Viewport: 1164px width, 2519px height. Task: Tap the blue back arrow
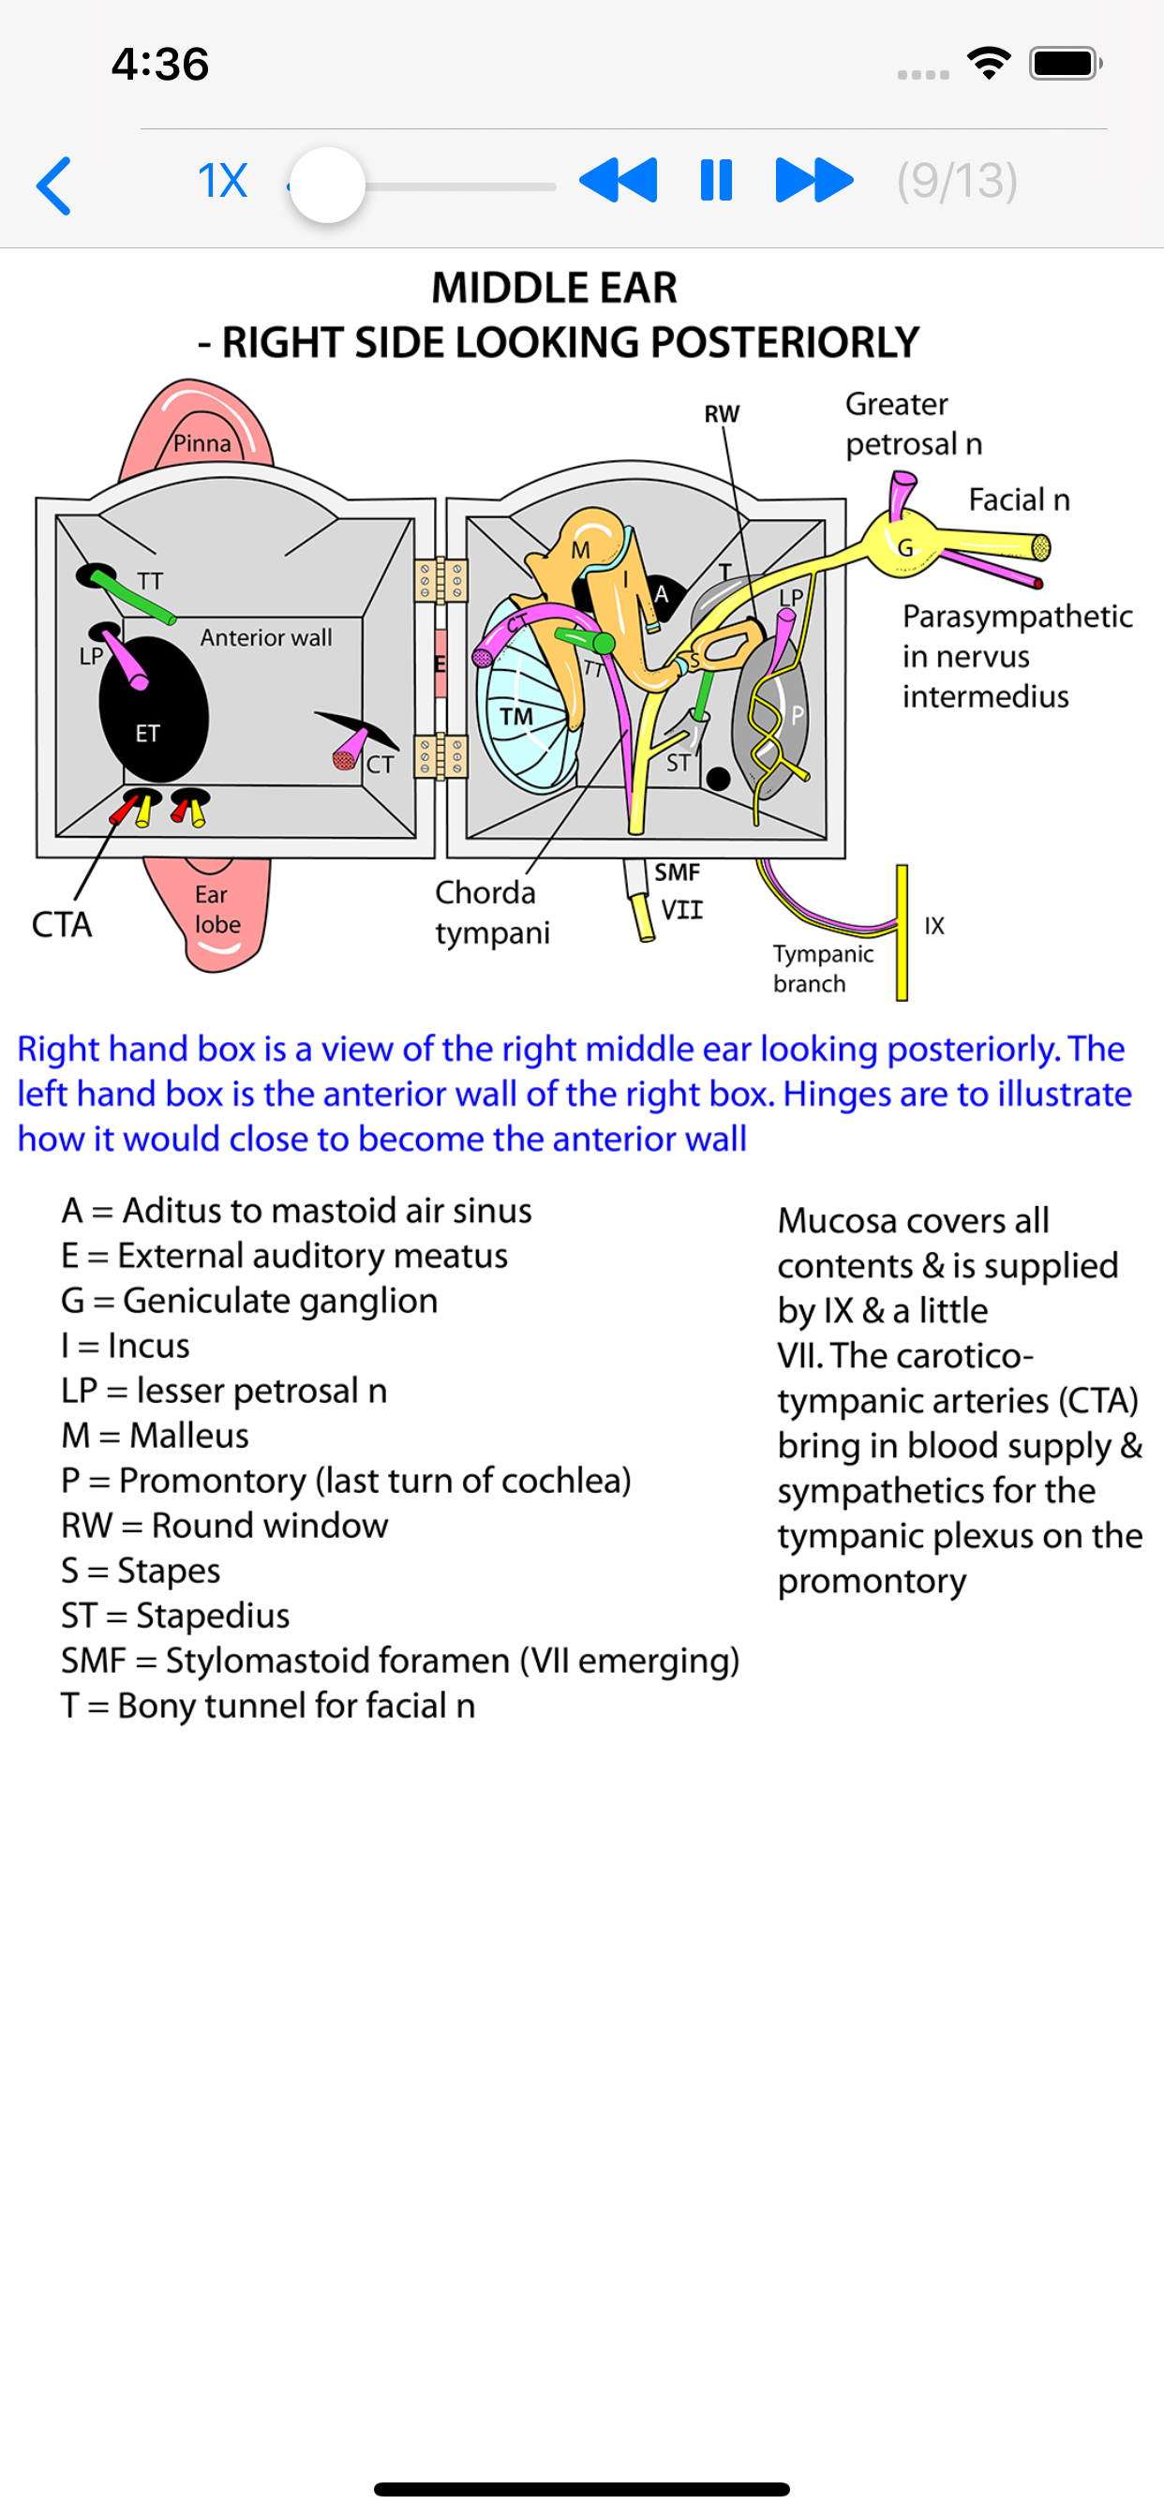point(54,184)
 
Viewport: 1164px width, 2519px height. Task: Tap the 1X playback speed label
point(222,181)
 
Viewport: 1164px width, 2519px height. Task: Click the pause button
point(716,181)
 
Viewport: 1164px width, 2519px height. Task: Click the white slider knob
point(328,185)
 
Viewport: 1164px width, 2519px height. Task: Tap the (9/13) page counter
point(957,181)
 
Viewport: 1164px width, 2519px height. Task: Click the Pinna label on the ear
point(202,444)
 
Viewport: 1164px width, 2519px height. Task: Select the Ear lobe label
point(216,909)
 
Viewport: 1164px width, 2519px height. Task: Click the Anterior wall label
point(266,637)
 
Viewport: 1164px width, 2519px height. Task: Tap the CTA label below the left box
point(62,924)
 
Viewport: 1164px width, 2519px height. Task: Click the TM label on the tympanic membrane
point(515,717)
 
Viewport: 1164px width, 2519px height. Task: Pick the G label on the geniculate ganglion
point(904,547)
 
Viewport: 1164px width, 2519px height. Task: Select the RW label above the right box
point(722,413)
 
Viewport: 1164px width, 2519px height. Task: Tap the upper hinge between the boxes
point(440,581)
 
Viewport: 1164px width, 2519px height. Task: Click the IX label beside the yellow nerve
point(934,926)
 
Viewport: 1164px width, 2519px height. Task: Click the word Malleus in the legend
point(188,1436)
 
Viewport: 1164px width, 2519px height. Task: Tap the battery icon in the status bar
point(1066,64)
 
